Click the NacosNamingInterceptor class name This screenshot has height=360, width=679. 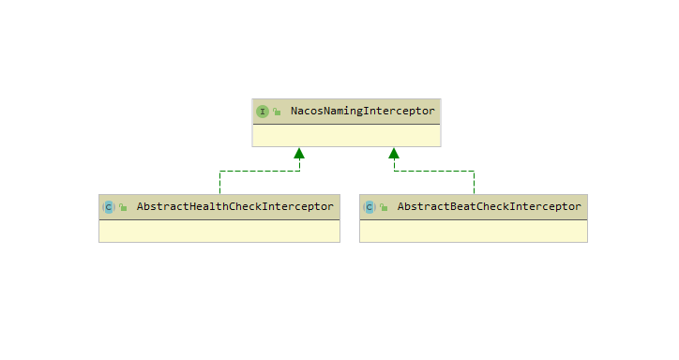(362, 112)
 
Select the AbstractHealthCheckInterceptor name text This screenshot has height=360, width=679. (235, 207)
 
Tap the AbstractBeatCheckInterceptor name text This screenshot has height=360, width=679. (490, 207)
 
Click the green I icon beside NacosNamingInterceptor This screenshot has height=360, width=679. (263, 112)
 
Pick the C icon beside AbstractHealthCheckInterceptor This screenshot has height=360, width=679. (109, 207)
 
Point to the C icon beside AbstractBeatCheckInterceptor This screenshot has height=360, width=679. (370, 207)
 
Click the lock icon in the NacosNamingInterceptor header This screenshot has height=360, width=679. (277, 112)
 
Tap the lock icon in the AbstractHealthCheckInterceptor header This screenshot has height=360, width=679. (123, 207)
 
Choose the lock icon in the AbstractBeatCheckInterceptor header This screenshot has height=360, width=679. (384, 207)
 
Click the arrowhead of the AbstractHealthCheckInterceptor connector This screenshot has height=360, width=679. (299, 153)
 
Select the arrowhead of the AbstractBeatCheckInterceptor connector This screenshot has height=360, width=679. (394, 153)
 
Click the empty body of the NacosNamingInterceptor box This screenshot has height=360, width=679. (346, 135)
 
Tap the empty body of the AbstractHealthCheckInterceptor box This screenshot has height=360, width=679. (219, 231)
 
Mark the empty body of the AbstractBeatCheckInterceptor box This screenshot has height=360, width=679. (474, 231)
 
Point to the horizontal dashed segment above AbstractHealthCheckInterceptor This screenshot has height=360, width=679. (260, 171)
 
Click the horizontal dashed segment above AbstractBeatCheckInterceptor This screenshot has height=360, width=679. (434, 171)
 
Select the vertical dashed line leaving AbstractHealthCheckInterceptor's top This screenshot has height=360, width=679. (220, 183)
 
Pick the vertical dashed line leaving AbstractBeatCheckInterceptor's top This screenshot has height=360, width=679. (475, 183)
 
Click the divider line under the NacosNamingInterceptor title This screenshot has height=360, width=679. (346, 124)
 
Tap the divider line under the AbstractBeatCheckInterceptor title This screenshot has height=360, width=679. (474, 219)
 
